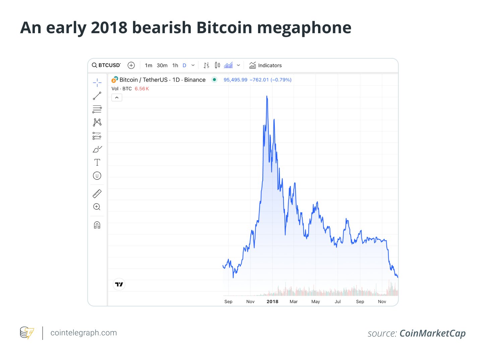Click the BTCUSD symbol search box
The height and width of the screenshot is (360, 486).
point(106,65)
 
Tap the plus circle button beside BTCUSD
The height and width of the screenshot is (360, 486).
point(131,65)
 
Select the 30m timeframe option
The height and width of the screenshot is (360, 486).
point(162,65)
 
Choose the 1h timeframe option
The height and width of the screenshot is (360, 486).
point(175,65)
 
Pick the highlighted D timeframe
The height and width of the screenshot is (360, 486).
point(184,65)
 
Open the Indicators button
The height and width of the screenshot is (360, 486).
point(265,65)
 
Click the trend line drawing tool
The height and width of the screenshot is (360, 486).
point(97,96)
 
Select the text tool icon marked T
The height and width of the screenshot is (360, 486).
point(97,162)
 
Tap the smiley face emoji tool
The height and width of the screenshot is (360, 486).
point(97,176)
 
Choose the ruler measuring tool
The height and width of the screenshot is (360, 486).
point(97,193)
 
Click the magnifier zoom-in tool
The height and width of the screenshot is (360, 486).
point(97,207)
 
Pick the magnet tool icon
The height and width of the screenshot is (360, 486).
point(97,225)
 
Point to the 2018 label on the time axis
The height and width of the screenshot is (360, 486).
point(272,302)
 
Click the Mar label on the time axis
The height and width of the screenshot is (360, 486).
point(294,302)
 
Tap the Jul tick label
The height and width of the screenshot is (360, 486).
point(338,302)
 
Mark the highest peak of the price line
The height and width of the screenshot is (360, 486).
point(267,96)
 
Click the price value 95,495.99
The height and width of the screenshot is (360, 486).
point(235,80)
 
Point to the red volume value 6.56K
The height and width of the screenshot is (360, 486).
point(142,89)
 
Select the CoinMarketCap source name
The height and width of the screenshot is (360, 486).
point(432,333)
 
